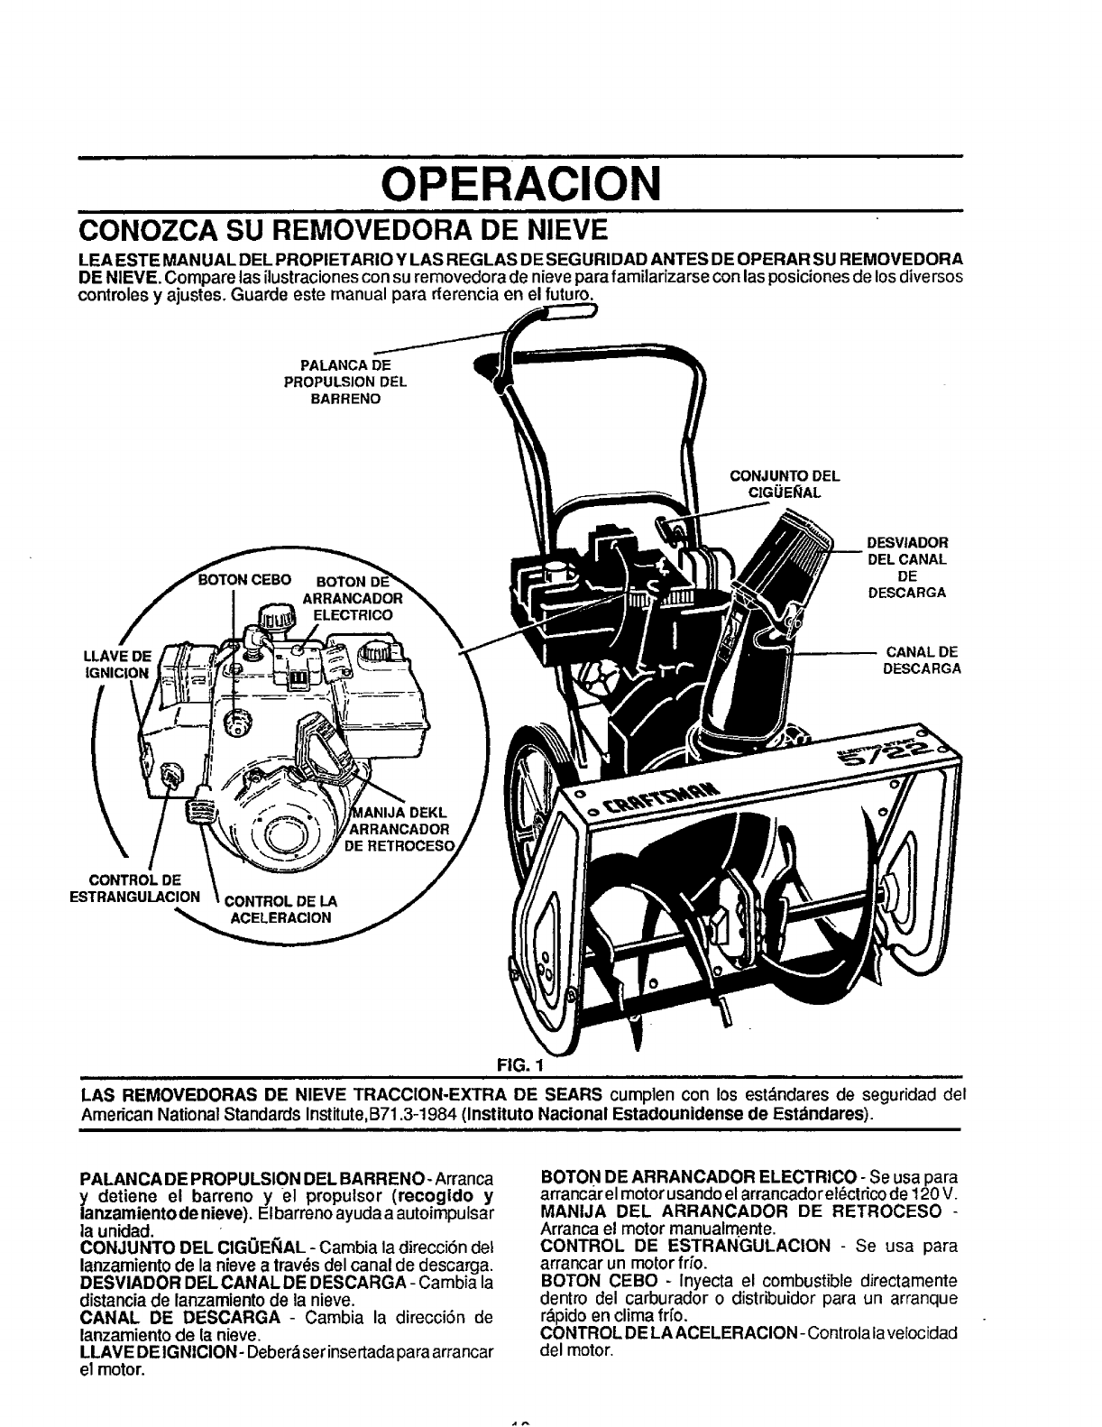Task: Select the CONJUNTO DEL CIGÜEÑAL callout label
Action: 784,484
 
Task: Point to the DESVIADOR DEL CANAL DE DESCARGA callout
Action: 905,568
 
